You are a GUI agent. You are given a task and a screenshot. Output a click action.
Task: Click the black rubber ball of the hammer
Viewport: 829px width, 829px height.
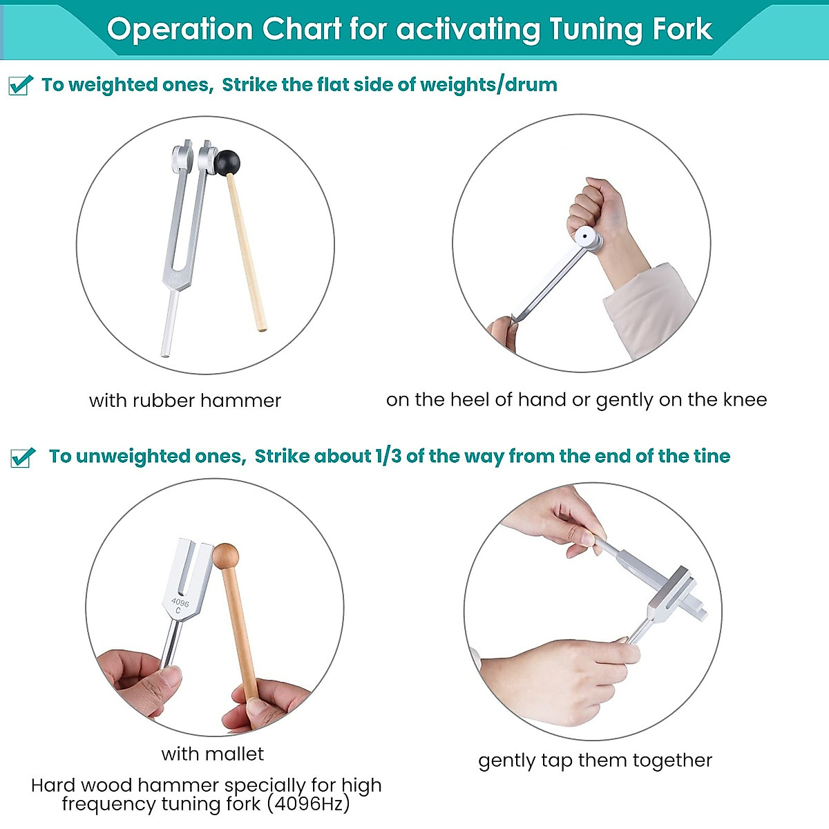227,163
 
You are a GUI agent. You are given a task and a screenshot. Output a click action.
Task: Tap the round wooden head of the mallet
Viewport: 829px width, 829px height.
225,556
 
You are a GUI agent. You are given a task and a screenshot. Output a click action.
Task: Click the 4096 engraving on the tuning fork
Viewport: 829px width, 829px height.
180,603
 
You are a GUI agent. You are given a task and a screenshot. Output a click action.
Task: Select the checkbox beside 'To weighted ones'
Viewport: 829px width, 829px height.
20,85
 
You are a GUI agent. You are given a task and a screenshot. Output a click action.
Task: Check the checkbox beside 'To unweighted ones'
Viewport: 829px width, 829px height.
22,457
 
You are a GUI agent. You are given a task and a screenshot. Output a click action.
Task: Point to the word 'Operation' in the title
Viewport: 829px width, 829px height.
180,30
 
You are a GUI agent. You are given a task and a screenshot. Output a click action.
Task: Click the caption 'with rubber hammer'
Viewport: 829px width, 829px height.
185,401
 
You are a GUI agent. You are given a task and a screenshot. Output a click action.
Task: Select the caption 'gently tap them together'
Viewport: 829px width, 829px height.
595,761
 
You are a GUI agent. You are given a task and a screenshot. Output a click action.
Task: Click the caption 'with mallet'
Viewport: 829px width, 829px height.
212,754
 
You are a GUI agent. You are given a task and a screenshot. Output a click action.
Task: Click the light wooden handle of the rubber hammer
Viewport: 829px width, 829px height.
247,256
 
